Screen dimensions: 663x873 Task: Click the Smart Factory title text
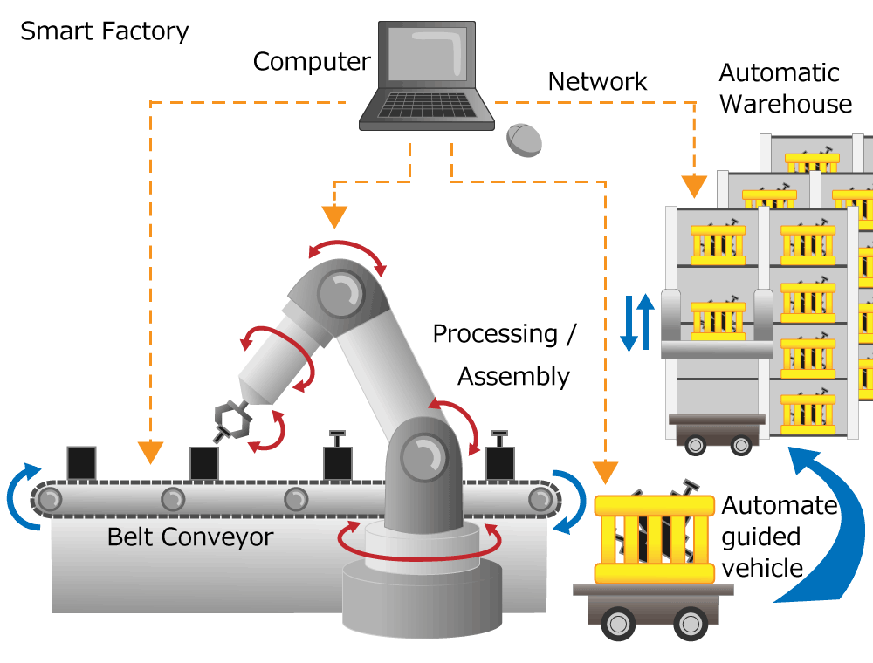point(105,31)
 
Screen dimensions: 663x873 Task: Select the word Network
point(597,82)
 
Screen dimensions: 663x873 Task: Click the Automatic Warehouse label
point(785,88)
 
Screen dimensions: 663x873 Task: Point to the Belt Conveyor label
point(190,537)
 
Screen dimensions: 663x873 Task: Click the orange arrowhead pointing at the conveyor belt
point(151,452)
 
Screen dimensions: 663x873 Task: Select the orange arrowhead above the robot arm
point(335,216)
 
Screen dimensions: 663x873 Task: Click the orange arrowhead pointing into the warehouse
point(695,186)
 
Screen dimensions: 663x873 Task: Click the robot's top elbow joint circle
point(339,291)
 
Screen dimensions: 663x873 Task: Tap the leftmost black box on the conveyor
point(81,462)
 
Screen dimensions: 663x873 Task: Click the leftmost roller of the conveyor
point(48,499)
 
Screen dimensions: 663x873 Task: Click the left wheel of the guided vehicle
point(618,623)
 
